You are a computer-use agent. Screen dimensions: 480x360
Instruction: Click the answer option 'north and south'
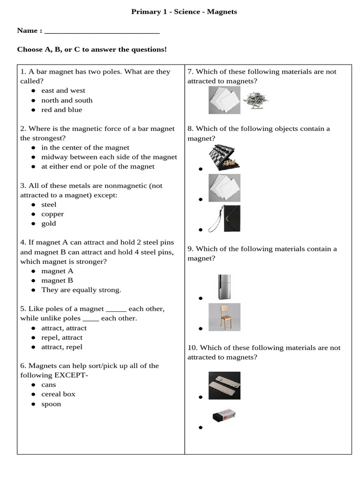(x=67, y=100)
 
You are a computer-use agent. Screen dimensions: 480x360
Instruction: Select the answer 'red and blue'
(x=61, y=110)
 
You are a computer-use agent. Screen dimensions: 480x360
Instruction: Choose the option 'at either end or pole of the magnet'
(x=97, y=166)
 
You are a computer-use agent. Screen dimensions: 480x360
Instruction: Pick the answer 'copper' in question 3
(x=52, y=214)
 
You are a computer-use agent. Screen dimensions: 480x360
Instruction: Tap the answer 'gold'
(x=49, y=224)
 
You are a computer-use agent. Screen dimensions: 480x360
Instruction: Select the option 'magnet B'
(x=57, y=280)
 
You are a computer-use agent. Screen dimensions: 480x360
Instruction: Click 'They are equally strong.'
(x=81, y=290)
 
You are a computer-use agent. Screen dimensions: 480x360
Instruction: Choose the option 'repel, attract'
(x=61, y=337)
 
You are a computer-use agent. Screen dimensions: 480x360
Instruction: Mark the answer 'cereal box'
(x=58, y=394)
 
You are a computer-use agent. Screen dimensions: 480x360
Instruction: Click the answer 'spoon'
(x=51, y=404)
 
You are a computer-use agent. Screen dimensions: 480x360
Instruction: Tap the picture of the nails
(x=256, y=100)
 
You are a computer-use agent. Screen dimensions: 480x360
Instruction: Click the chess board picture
(x=225, y=157)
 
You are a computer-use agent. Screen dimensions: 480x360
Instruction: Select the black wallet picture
(x=225, y=218)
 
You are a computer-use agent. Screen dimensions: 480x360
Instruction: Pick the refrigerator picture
(x=224, y=286)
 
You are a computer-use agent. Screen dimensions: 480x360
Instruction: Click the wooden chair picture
(x=225, y=317)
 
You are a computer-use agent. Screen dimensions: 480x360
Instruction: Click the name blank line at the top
(x=101, y=31)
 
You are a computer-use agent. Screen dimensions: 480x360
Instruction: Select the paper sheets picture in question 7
(x=224, y=101)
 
